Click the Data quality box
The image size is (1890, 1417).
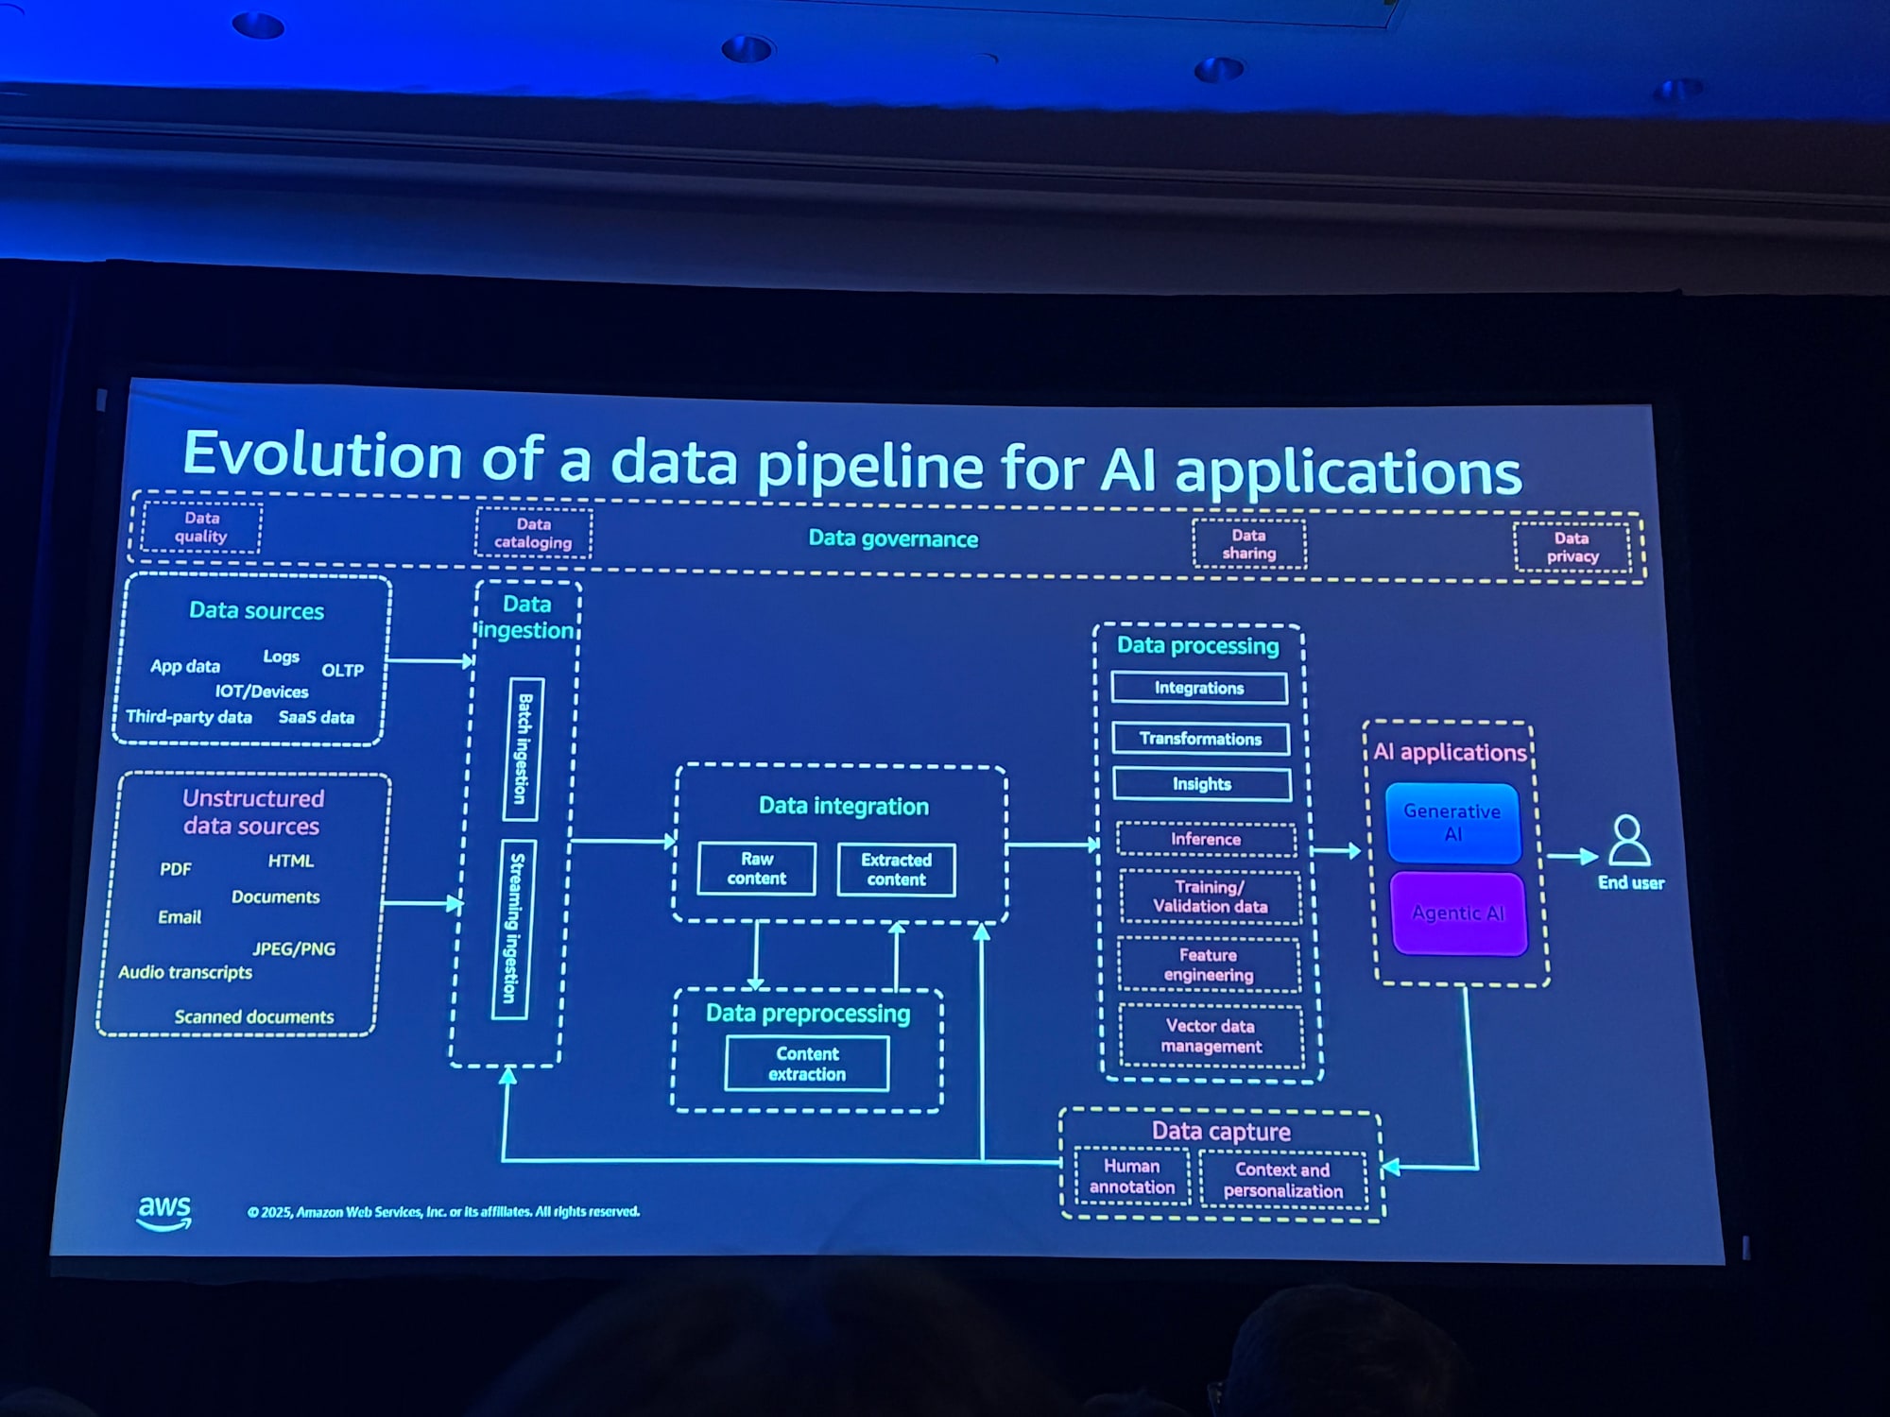point(201,527)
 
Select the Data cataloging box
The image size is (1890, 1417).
point(533,533)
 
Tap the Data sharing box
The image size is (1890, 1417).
point(1248,544)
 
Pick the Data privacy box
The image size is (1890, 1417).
point(1572,547)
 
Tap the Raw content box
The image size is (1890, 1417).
point(756,869)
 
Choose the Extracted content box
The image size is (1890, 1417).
point(896,869)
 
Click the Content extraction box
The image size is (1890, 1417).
point(807,1064)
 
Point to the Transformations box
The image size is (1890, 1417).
point(1200,739)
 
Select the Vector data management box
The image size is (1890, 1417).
point(1211,1036)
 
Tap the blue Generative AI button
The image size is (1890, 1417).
point(1452,823)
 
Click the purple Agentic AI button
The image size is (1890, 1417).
point(1458,913)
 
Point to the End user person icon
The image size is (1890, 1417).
point(1628,841)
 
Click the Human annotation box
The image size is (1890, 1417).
point(1132,1177)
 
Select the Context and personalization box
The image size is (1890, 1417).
point(1282,1180)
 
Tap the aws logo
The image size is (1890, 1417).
point(164,1212)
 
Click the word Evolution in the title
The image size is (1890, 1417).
point(322,455)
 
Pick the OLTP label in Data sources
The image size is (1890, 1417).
point(342,671)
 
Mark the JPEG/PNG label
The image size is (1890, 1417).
point(293,949)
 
